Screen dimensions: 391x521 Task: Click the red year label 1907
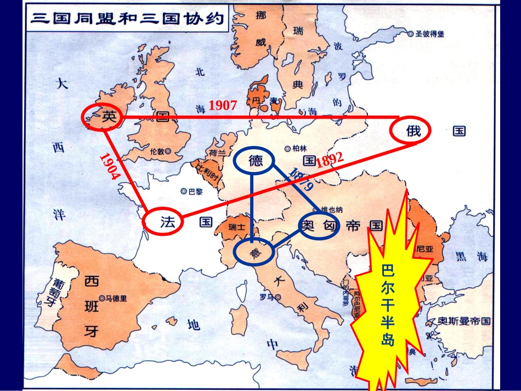click(x=222, y=106)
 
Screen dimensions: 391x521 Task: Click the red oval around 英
click(x=103, y=116)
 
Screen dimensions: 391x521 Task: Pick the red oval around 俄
click(x=410, y=131)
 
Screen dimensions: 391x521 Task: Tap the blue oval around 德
click(x=256, y=161)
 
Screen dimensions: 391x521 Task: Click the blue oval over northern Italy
click(x=254, y=252)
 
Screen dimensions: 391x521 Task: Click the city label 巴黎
click(x=192, y=191)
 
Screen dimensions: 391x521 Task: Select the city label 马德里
click(x=116, y=298)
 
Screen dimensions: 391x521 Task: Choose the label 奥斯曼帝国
click(x=459, y=321)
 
